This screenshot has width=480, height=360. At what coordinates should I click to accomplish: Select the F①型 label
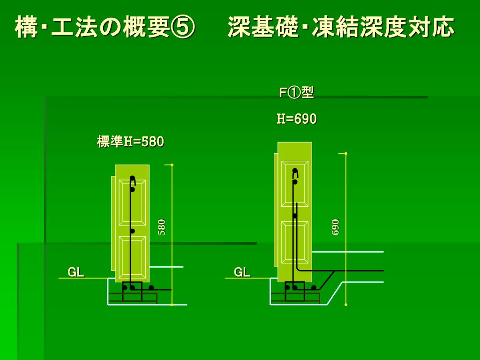(x=296, y=92)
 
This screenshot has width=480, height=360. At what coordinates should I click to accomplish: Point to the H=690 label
(x=297, y=119)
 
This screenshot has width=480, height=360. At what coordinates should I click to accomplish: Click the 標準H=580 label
(x=130, y=142)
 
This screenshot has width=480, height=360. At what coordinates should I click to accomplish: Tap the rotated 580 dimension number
(x=162, y=227)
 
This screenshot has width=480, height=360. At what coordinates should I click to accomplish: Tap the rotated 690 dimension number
(x=335, y=227)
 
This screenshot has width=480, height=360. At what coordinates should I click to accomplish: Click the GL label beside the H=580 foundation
(x=76, y=272)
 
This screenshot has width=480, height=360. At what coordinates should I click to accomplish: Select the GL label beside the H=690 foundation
(x=242, y=272)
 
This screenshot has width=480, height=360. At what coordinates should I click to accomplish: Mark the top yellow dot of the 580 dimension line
(x=172, y=165)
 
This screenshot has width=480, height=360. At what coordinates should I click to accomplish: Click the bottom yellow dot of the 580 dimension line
(x=172, y=305)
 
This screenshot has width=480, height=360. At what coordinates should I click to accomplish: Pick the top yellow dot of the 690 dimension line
(x=346, y=153)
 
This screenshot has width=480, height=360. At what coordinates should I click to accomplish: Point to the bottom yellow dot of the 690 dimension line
(x=346, y=305)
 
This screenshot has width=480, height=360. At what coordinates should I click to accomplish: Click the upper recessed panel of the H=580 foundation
(x=132, y=203)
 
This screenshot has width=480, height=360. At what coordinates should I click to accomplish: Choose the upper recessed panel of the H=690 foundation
(x=295, y=184)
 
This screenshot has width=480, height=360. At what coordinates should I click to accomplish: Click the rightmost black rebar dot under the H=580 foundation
(x=151, y=287)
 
